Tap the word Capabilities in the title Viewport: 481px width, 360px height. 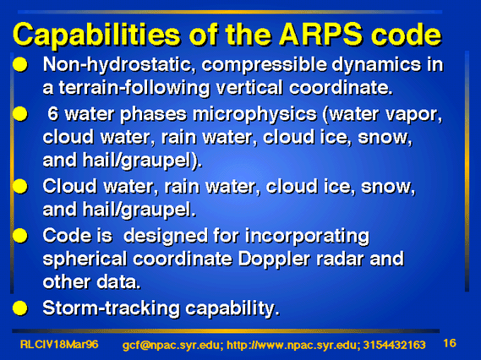pos(96,35)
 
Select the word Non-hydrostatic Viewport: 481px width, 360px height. pos(119,65)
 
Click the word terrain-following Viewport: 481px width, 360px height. pos(134,88)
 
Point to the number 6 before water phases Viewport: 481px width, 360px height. pos(52,113)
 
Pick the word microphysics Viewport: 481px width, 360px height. pos(254,115)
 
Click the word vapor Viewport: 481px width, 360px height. pos(413,115)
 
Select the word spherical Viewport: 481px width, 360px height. pos(85,259)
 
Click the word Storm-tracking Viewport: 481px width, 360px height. pos(111,308)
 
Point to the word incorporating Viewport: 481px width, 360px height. pos(307,237)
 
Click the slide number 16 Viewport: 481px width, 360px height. pos(450,343)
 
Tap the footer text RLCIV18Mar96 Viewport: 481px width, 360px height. pos(59,344)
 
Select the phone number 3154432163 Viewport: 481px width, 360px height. pos(395,345)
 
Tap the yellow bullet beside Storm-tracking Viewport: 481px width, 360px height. pos(20,308)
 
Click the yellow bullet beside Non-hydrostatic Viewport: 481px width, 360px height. pos(20,65)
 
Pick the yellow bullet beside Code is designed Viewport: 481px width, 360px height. pos(20,236)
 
